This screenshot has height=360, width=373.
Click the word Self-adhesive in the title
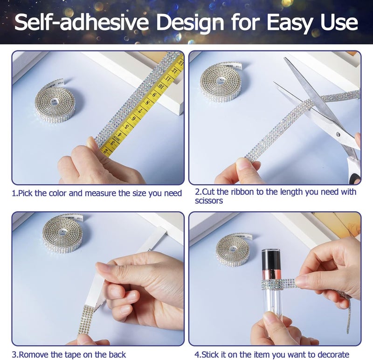coord(82,22)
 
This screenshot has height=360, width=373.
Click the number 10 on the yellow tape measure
coord(161,87)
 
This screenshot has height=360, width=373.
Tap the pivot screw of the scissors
coord(338,134)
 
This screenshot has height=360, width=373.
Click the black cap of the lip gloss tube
coord(271,259)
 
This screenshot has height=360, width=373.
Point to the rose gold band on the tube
coord(271,275)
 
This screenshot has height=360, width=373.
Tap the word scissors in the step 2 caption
coord(209,201)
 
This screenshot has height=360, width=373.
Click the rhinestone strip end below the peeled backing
coord(86,319)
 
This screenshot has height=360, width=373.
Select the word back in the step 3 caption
coord(117,355)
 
